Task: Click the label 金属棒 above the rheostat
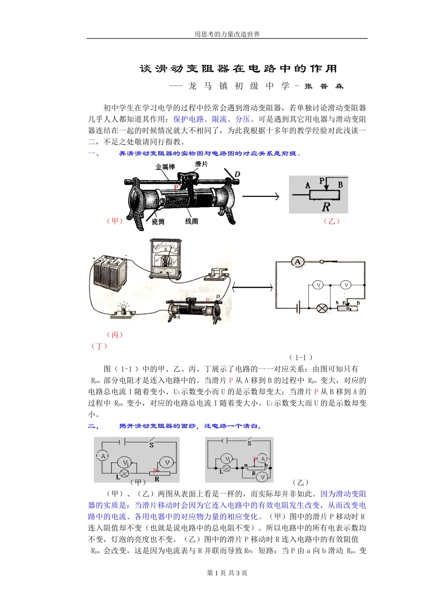tap(165, 167)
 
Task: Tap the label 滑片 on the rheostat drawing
tap(201, 164)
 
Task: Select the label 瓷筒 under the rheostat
tap(158, 222)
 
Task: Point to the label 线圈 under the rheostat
tap(191, 221)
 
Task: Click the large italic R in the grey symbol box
tap(325, 207)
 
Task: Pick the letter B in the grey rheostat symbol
tap(340, 185)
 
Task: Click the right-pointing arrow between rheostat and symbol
tap(260, 197)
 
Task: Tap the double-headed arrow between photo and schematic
tap(252, 287)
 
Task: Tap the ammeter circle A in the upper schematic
tap(298, 262)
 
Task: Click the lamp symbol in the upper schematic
tap(322, 308)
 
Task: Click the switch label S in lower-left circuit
tap(151, 445)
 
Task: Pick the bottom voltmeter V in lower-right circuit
tap(263, 477)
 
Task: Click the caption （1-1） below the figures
tap(301, 358)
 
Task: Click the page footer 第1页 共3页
tap(227, 573)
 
